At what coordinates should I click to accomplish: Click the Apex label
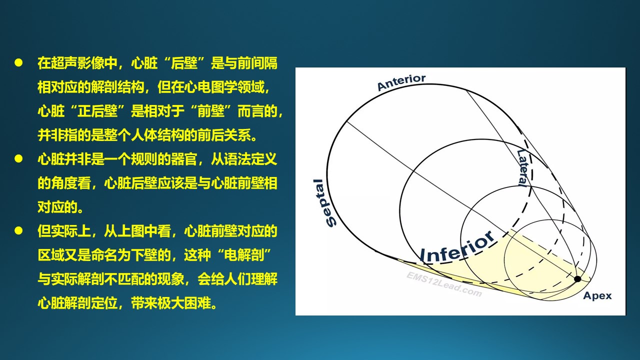(x=597, y=295)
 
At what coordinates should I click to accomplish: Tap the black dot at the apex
(x=577, y=279)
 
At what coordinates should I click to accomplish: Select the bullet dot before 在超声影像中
(x=18, y=63)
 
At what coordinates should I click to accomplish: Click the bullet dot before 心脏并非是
(x=18, y=159)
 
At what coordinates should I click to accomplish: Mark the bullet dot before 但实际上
(x=18, y=231)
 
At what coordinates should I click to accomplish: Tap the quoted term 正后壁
(x=97, y=111)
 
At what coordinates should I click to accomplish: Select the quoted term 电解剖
(x=243, y=255)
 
